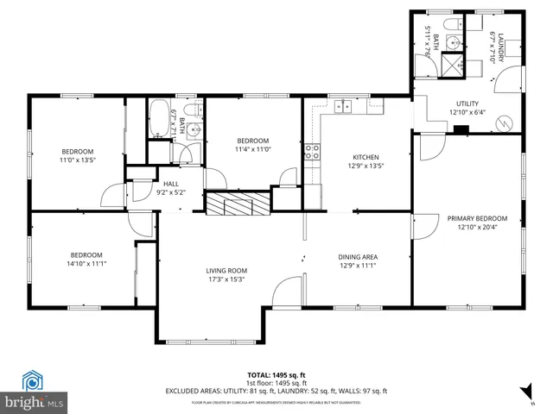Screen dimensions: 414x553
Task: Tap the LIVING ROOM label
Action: coord(226,270)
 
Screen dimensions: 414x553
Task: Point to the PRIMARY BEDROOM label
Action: coord(477,218)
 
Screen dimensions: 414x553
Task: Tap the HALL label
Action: coord(170,184)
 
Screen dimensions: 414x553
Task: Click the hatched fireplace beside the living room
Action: coord(237,204)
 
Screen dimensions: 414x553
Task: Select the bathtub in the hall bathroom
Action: coord(159,120)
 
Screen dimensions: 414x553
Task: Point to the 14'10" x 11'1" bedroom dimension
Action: coord(86,264)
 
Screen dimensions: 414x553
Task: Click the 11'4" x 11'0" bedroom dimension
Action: coord(253,149)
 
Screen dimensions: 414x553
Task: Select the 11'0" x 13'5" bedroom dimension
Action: coord(77,160)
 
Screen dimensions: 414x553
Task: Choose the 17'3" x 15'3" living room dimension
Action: coord(226,279)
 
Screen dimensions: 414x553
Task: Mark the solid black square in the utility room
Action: coord(462,130)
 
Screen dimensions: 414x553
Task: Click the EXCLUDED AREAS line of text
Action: coord(276,391)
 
